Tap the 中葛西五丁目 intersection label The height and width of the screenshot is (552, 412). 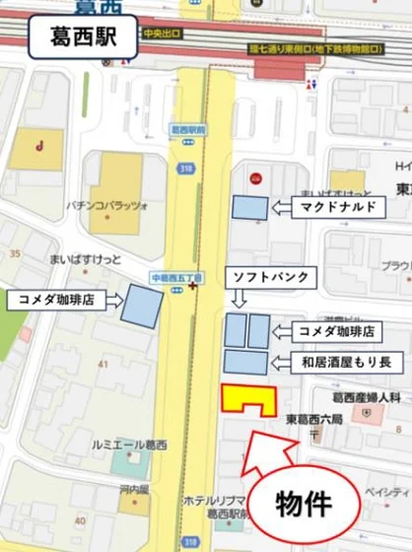tap(176, 278)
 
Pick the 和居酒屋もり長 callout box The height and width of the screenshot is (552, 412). tap(345, 362)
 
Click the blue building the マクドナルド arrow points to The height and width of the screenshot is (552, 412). tap(249, 207)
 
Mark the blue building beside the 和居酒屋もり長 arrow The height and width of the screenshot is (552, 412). tap(246, 362)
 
